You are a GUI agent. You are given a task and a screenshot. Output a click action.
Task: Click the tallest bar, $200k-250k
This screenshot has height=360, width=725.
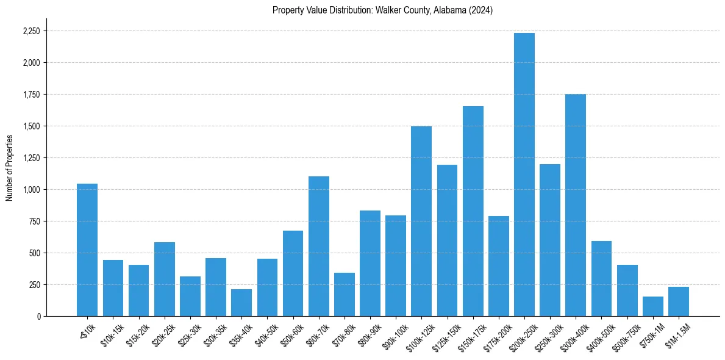coord(524,175)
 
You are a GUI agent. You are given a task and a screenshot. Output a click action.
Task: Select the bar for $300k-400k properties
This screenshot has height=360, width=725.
coord(576,205)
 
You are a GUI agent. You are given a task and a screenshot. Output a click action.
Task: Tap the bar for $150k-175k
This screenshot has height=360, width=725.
coord(473,211)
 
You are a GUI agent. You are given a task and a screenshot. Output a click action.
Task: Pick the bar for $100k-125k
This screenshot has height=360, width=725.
coord(421,221)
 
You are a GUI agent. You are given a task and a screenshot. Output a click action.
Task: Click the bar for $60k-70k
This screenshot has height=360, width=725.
coord(318,246)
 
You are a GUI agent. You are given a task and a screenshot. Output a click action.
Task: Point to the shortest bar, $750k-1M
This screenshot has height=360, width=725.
coord(652,306)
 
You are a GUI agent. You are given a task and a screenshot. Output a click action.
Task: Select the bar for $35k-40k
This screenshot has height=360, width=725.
coord(241,303)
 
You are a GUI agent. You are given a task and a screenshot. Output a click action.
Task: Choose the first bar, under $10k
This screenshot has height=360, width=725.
coord(87,250)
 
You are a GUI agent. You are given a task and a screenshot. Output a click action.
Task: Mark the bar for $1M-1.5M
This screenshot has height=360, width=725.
coord(678,301)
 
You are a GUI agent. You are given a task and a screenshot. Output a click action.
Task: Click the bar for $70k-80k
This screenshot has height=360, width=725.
coord(344,294)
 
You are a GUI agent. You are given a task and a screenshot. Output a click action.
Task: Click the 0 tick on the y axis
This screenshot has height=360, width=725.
coord(38,317)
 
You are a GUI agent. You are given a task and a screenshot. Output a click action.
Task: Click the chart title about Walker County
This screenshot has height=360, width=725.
coord(383,10)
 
